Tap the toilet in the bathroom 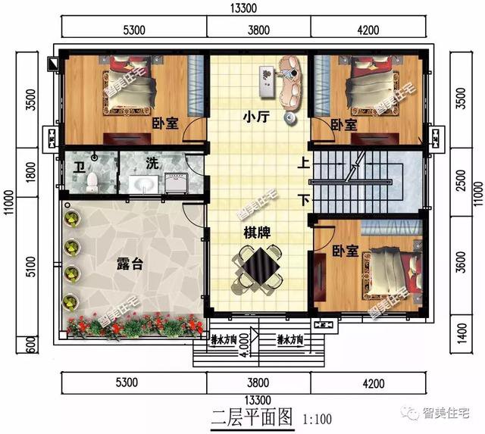coord(92,182)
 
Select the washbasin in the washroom coord(142,184)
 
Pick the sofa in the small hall coord(290,82)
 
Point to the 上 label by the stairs coord(302,162)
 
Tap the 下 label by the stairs coord(302,201)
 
